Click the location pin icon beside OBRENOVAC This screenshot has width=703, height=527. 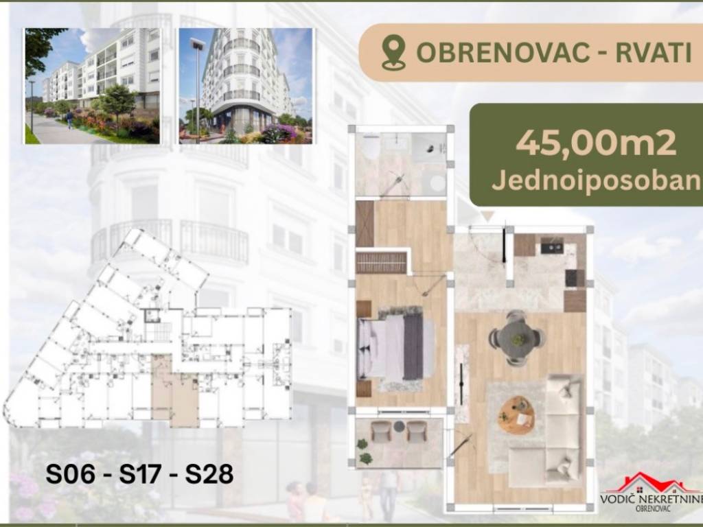pyautogui.click(x=393, y=52)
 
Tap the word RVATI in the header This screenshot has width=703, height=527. pyautogui.click(x=654, y=52)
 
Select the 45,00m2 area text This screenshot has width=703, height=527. pyautogui.click(x=596, y=143)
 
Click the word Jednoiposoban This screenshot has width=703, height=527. pyautogui.click(x=597, y=181)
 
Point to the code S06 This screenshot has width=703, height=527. pyautogui.click(x=71, y=473)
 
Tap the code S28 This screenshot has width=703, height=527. pyautogui.click(x=209, y=473)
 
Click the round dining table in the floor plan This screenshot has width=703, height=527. pyautogui.click(x=517, y=337)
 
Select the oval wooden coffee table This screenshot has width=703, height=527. pyautogui.click(x=516, y=414)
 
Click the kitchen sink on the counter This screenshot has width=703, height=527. pyautogui.click(x=551, y=246)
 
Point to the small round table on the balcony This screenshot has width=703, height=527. pyautogui.click(x=399, y=427)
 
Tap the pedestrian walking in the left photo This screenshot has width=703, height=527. pyautogui.click(x=69, y=119)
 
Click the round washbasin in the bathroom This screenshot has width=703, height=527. pyautogui.click(x=437, y=183)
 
